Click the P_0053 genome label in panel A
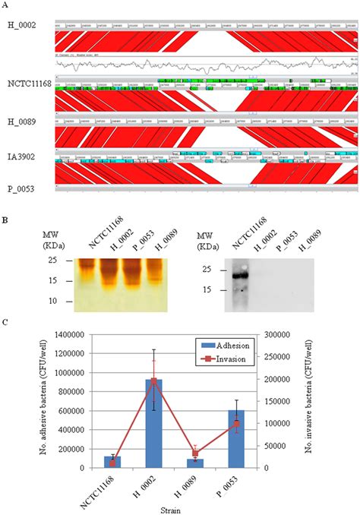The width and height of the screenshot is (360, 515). coord(19,186)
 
